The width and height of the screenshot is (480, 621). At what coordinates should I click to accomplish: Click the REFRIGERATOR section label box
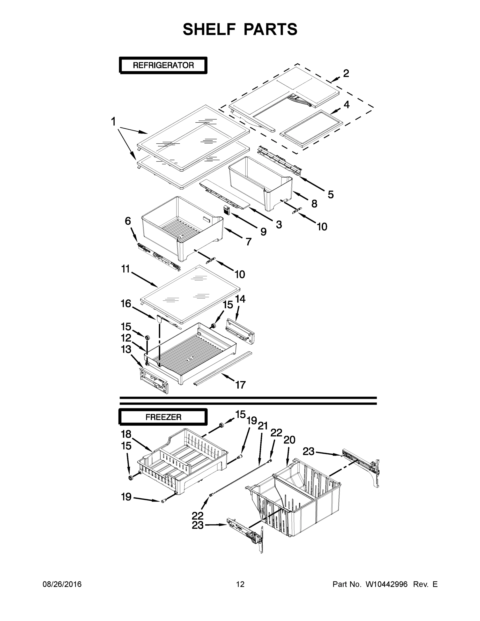[x=163, y=65]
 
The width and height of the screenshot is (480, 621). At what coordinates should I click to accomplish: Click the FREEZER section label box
[x=163, y=417]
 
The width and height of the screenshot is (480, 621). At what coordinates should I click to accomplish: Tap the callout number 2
[x=346, y=73]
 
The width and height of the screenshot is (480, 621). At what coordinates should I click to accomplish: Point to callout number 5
[x=330, y=195]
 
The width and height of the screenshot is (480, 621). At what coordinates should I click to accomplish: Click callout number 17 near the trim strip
[x=240, y=385]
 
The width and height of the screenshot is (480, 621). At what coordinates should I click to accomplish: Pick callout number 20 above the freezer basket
[x=290, y=440]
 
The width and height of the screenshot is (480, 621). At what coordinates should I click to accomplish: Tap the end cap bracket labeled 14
[x=240, y=330]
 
